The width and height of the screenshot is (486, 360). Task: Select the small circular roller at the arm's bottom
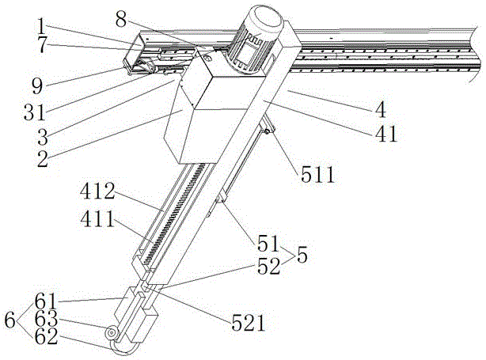point(113,333)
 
